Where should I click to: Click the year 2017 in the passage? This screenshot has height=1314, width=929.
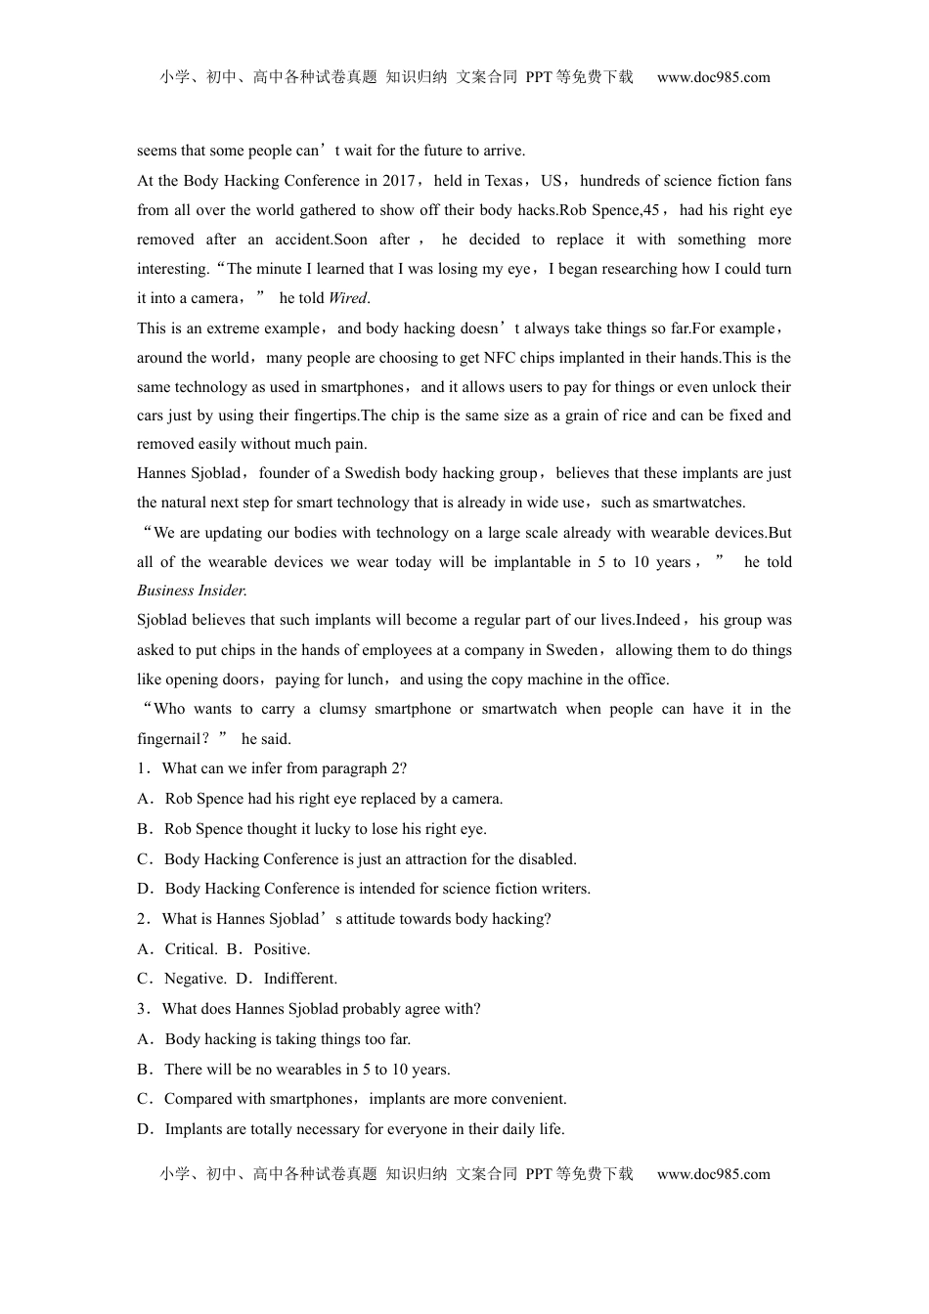coord(400,181)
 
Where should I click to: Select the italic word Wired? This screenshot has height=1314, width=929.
coord(348,298)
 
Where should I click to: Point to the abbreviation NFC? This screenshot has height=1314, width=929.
coord(500,358)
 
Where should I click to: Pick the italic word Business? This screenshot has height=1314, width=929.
coord(166,591)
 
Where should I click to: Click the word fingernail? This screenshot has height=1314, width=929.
coord(168,739)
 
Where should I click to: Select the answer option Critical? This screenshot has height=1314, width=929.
coord(191,949)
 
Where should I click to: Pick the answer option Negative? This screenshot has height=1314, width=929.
coord(195,979)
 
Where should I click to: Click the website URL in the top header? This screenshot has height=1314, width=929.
coord(713,78)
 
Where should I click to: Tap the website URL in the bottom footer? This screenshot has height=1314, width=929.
coord(713,1174)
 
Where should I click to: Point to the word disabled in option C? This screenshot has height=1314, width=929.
coord(546,859)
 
